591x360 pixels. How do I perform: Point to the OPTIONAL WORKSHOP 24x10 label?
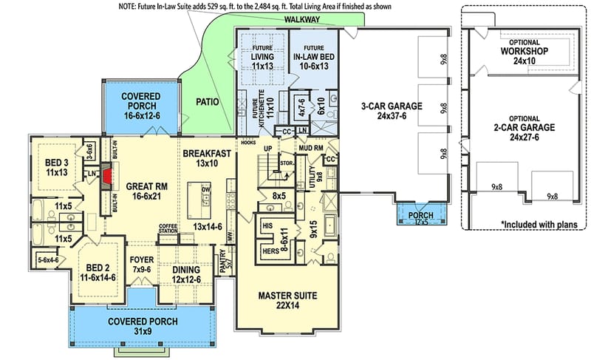click(524, 56)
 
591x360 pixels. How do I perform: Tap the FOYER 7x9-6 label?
click(142, 265)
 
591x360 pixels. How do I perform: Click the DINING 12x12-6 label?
click(187, 274)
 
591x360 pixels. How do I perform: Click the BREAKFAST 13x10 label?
click(210, 157)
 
